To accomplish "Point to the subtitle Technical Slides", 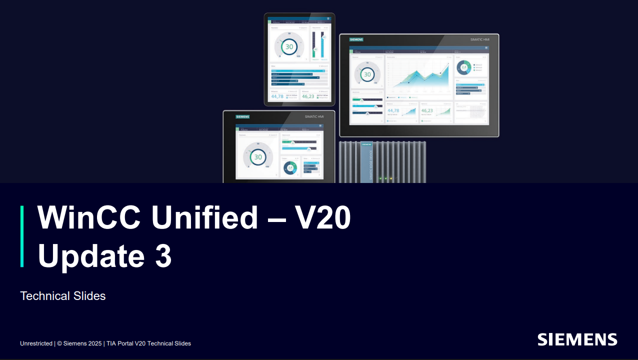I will tap(63, 296).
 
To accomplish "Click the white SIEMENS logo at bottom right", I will tap(577, 339).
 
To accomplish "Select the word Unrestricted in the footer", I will tap(36, 343).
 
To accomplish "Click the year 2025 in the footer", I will tap(95, 343).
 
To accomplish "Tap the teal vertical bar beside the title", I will tap(22, 236).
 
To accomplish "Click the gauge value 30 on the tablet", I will tap(288, 46).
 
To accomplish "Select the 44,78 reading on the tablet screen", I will tap(277, 96).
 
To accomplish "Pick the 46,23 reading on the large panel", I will tap(427, 111).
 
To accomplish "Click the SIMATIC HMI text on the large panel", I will tap(479, 39).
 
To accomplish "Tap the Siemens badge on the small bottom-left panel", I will tap(242, 116).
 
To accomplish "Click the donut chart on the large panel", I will tap(463, 67).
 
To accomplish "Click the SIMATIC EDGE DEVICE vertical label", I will tap(370, 163).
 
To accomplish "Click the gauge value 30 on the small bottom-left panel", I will tap(257, 157).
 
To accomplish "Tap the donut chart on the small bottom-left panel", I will tap(290, 167).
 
